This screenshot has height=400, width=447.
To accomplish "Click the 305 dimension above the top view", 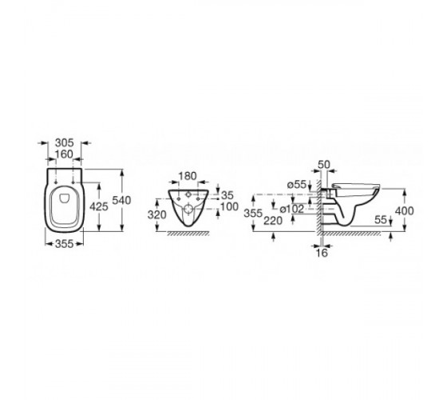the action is coord(64,142).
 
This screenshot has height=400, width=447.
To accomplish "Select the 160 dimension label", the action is coord(64,154).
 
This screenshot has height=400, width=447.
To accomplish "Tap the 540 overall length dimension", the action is coord(121,200).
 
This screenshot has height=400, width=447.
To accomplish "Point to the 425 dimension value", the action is coord(99,206).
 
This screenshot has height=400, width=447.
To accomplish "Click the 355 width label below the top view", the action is coord(64,244).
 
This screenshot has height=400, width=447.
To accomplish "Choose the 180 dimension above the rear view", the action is coord(188,176).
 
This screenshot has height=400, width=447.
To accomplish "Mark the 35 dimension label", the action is coord(227,195).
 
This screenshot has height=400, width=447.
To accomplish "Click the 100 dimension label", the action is coord(229,206).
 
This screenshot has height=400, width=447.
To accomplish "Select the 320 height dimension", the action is coord(156,214).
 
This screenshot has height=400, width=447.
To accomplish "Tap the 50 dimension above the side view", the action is coord(324,165).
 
